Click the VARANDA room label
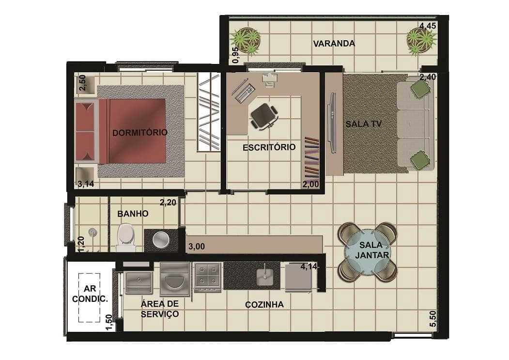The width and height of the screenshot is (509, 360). click(x=334, y=44)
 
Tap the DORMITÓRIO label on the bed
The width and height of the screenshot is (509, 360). click(x=140, y=132)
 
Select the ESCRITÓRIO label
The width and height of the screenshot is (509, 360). click(x=269, y=147)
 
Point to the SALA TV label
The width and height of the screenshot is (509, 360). click(x=363, y=124)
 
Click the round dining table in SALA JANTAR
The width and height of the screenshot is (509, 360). click(x=368, y=250)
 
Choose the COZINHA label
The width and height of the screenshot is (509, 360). click(x=264, y=304)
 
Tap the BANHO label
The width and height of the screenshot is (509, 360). click(x=133, y=214)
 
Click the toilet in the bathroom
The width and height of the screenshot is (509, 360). click(x=125, y=237)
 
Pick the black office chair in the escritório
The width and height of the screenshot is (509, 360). click(x=264, y=116)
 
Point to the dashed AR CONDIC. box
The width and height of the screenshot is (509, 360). click(x=89, y=297)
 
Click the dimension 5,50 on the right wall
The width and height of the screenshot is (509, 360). click(x=432, y=319)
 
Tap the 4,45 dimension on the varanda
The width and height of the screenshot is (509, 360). click(x=428, y=26)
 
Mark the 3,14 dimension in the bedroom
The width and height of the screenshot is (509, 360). click(x=86, y=184)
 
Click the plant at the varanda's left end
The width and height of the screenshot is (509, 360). click(x=245, y=41)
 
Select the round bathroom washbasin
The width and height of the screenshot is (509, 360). click(x=161, y=240)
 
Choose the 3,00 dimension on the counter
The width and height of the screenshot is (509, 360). click(x=197, y=246)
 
